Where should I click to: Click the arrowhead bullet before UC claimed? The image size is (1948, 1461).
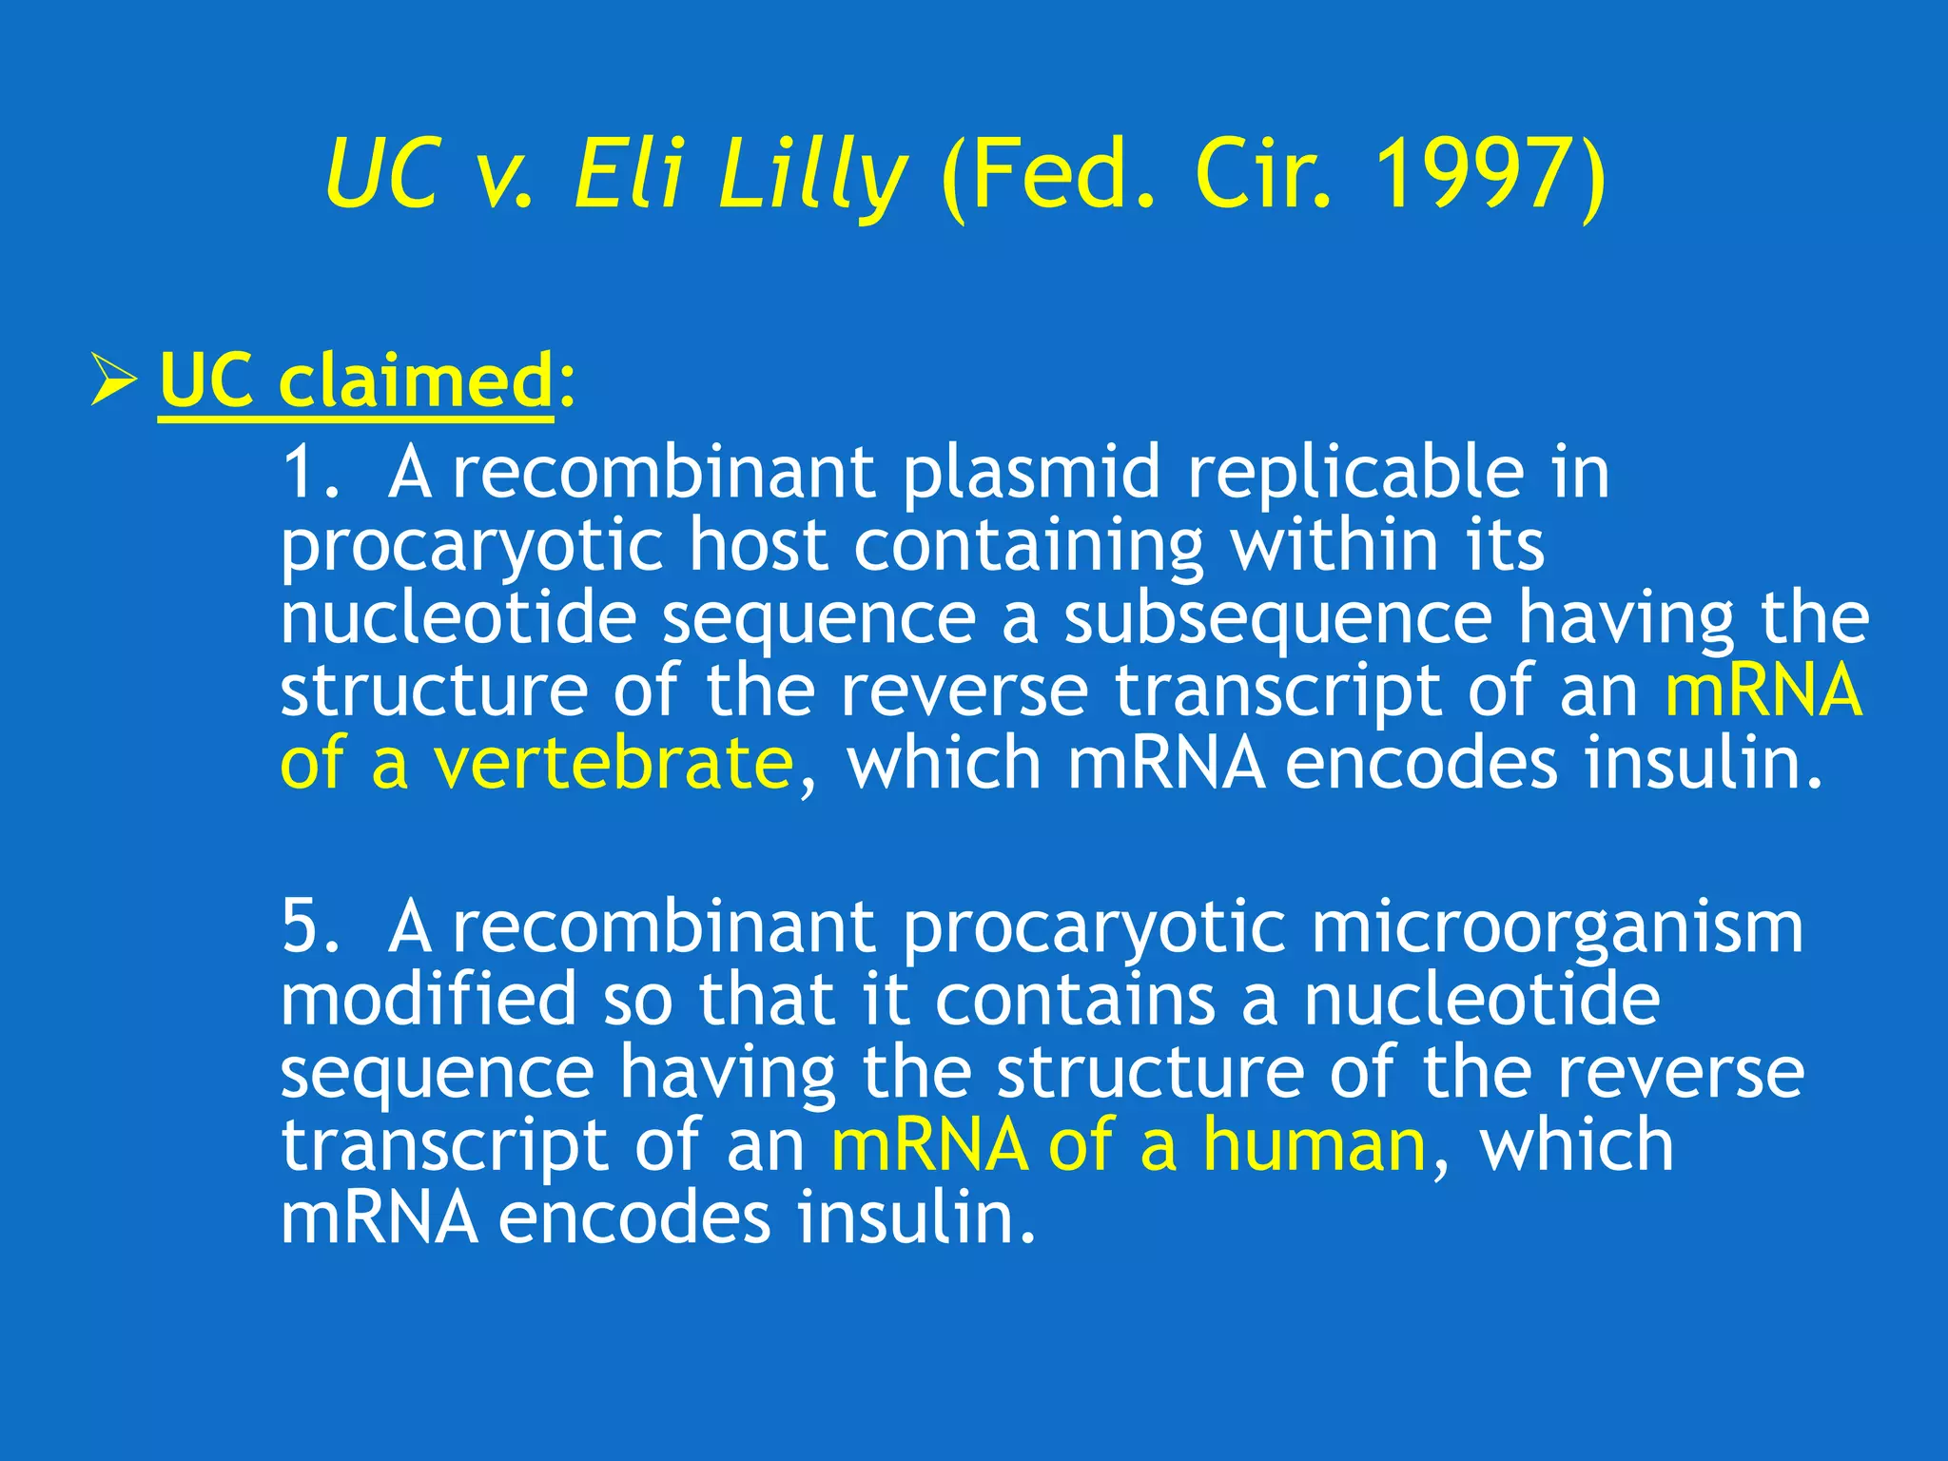(115, 379)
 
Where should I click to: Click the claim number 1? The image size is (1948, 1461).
(308, 472)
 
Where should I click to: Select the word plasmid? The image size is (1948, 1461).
(1032, 474)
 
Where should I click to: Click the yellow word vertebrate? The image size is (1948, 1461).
(613, 765)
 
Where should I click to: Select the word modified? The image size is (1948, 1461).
(429, 999)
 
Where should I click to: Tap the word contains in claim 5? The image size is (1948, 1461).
(1075, 999)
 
